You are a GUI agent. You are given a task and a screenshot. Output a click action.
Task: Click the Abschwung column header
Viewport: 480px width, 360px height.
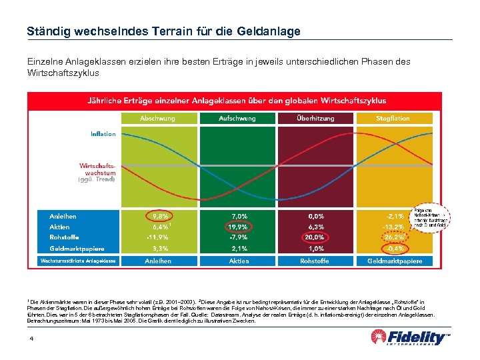pyautogui.click(x=158, y=118)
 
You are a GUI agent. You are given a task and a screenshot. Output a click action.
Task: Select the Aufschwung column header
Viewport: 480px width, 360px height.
pyautogui.click(x=237, y=118)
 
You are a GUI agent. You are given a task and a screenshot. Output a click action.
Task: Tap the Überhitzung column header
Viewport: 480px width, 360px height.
pyautogui.click(x=315, y=118)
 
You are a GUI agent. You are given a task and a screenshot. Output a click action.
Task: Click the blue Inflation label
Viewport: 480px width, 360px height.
pyautogui.click(x=103, y=134)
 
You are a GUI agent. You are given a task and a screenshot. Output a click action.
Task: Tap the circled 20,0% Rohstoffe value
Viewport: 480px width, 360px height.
pyautogui.click(x=315, y=237)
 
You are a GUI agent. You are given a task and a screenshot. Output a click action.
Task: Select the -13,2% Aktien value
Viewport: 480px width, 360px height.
pyautogui.click(x=394, y=227)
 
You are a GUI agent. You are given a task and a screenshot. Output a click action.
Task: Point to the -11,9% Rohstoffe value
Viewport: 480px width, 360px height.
pyautogui.click(x=158, y=237)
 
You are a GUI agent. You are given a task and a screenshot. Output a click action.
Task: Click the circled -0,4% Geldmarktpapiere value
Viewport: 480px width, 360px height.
pyautogui.click(x=394, y=249)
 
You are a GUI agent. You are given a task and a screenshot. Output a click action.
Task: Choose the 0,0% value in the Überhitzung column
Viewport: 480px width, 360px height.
pyautogui.click(x=315, y=216)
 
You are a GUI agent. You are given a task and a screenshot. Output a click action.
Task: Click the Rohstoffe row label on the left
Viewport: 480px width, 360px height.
pyautogui.click(x=64, y=237)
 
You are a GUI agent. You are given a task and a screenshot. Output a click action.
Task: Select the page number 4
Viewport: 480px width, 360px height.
pyautogui.click(x=31, y=339)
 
